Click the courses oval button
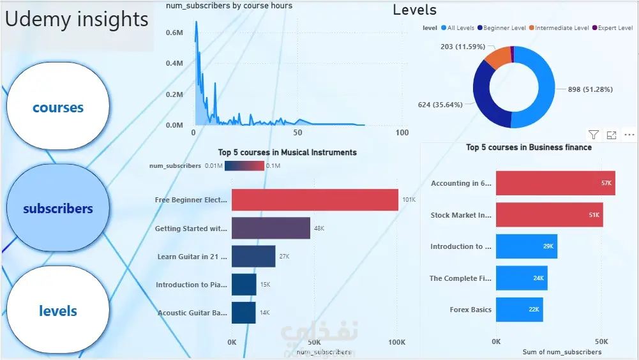click(58, 107)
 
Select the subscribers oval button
click(58, 208)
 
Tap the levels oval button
click(58, 311)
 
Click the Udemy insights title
click(77, 20)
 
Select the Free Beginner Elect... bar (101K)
click(315, 200)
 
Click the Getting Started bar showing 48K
click(271, 228)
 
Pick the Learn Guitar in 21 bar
click(253, 257)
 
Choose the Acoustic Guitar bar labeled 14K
click(243, 313)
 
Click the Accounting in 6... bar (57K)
click(555, 183)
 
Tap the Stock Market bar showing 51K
click(549, 215)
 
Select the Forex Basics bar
click(519, 310)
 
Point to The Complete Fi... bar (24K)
click(522, 278)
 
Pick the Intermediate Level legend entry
click(562, 28)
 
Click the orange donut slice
click(497, 57)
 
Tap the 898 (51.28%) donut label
click(590, 89)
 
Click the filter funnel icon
click(594, 135)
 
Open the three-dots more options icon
click(629, 135)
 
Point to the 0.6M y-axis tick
click(175, 33)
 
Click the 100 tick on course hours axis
click(402, 133)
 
